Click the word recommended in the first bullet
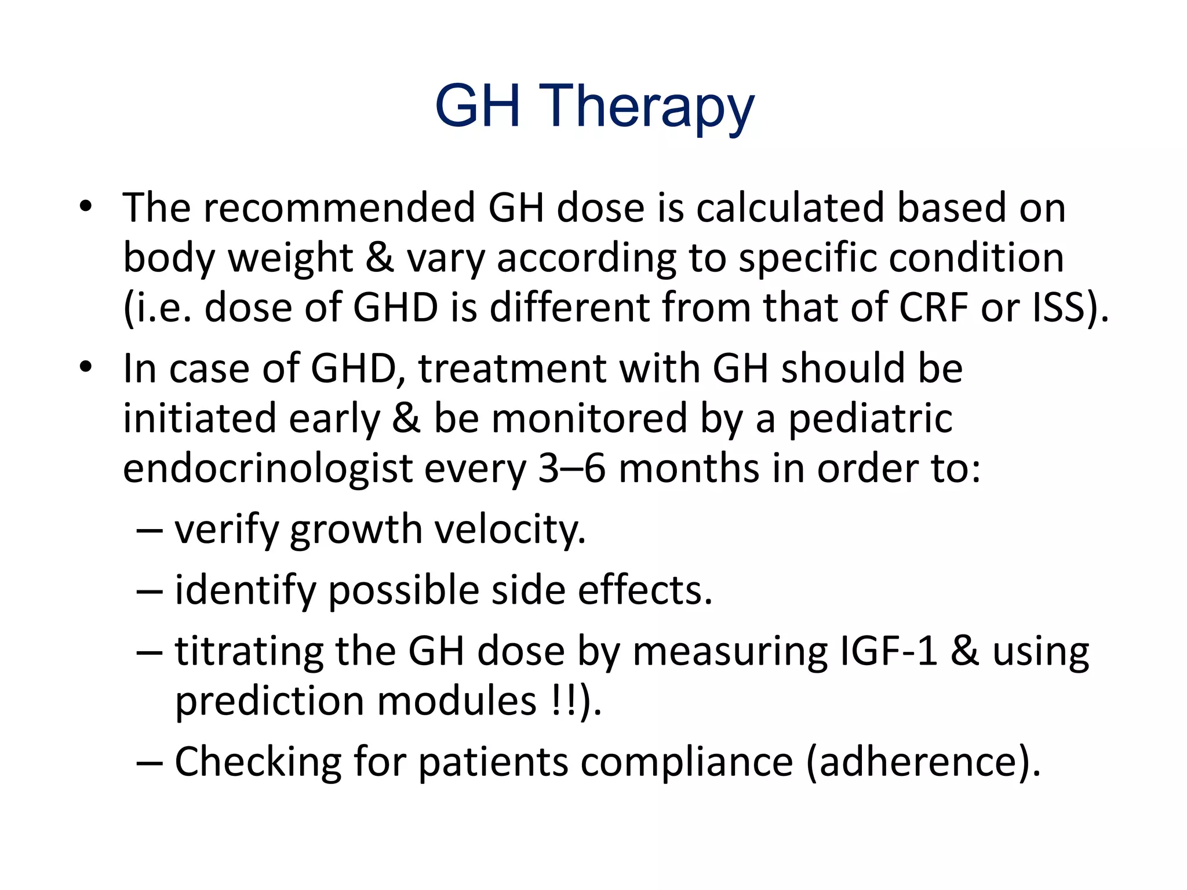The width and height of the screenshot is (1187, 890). (x=338, y=208)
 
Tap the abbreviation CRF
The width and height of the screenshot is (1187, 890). (x=933, y=308)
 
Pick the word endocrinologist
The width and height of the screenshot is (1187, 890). (x=267, y=469)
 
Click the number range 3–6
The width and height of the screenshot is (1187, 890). (x=571, y=469)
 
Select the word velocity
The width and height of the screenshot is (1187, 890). (x=510, y=530)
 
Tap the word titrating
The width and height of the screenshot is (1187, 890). (x=249, y=652)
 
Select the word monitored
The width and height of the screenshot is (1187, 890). (x=589, y=419)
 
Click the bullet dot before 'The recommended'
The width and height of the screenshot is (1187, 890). (x=86, y=207)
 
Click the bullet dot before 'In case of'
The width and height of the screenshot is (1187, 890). (x=86, y=367)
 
